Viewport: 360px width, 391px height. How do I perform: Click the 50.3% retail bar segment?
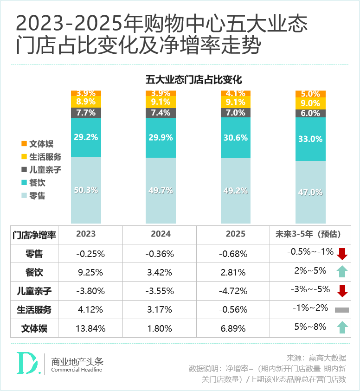[x=86, y=190]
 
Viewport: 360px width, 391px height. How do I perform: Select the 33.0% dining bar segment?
[x=310, y=139]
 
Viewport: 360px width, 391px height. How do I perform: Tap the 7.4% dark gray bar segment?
[x=161, y=113]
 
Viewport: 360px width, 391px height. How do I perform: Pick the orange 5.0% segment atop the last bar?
[x=310, y=94]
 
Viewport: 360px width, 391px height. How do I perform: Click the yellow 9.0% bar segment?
[x=310, y=103]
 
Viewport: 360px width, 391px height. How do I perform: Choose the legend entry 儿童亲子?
[x=41, y=170]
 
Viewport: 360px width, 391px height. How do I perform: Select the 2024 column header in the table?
[x=161, y=234]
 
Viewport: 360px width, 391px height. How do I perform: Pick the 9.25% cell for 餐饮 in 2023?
[x=90, y=272]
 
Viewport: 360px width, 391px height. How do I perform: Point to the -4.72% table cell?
[x=234, y=291]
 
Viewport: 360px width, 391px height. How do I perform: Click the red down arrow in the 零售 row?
[x=342, y=254]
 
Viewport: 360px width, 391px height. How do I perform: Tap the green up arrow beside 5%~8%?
[x=342, y=327]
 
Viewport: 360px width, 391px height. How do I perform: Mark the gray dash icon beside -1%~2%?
[x=341, y=310]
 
